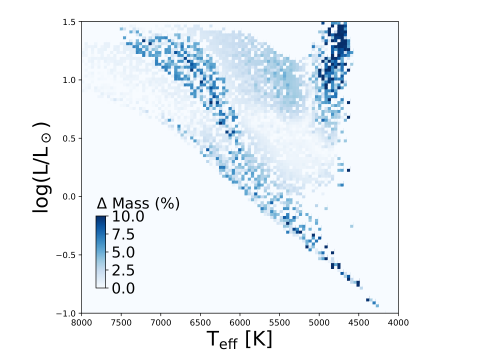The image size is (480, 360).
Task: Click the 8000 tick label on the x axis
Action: pyautogui.click(x=81, y=322)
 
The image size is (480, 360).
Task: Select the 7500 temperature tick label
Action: pyautogui.click(x=121, y=322)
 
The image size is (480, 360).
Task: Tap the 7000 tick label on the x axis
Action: pyautogui.click(x=160, y=322)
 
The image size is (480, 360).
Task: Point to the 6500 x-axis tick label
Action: pyautogui.click(x=200, y=322)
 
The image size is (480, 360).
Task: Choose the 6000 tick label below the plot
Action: pyautogui.click(x=240, y=322)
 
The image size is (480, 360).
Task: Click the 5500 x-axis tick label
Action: pyautogui.click(x=279, y=322)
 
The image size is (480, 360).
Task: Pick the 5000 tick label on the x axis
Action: pyautogui.click(x=319, y=322)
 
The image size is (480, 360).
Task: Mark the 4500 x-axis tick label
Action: pyautogui.click(x=359, y=322)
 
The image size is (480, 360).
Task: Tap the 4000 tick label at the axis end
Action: pyautogui.click(x=398, y=322)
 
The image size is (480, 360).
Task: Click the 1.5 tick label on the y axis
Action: pyautogui.click(x=69, y=22)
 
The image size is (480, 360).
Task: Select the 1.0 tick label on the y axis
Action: pyautogui.click(x=69, y=80)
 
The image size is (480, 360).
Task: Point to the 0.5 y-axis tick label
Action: pyautogui.click(x=69, y=138)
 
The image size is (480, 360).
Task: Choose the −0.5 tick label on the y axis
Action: pyautogui.click(x=66, y=255)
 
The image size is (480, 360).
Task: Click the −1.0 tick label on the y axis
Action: pyautogui.click(x=66, y=313)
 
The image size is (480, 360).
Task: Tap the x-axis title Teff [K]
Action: pyautogui.click(x=239, y=339)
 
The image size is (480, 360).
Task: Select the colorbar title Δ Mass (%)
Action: pyautogui.click(x=138, y=203)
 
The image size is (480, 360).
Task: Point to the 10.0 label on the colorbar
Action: pyautogui.click(x=128, y=216)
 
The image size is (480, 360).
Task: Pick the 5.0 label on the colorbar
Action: pyautogui.click(x=123, y=252)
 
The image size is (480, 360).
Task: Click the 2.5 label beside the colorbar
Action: pyautogui.click(x=123, y=270)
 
